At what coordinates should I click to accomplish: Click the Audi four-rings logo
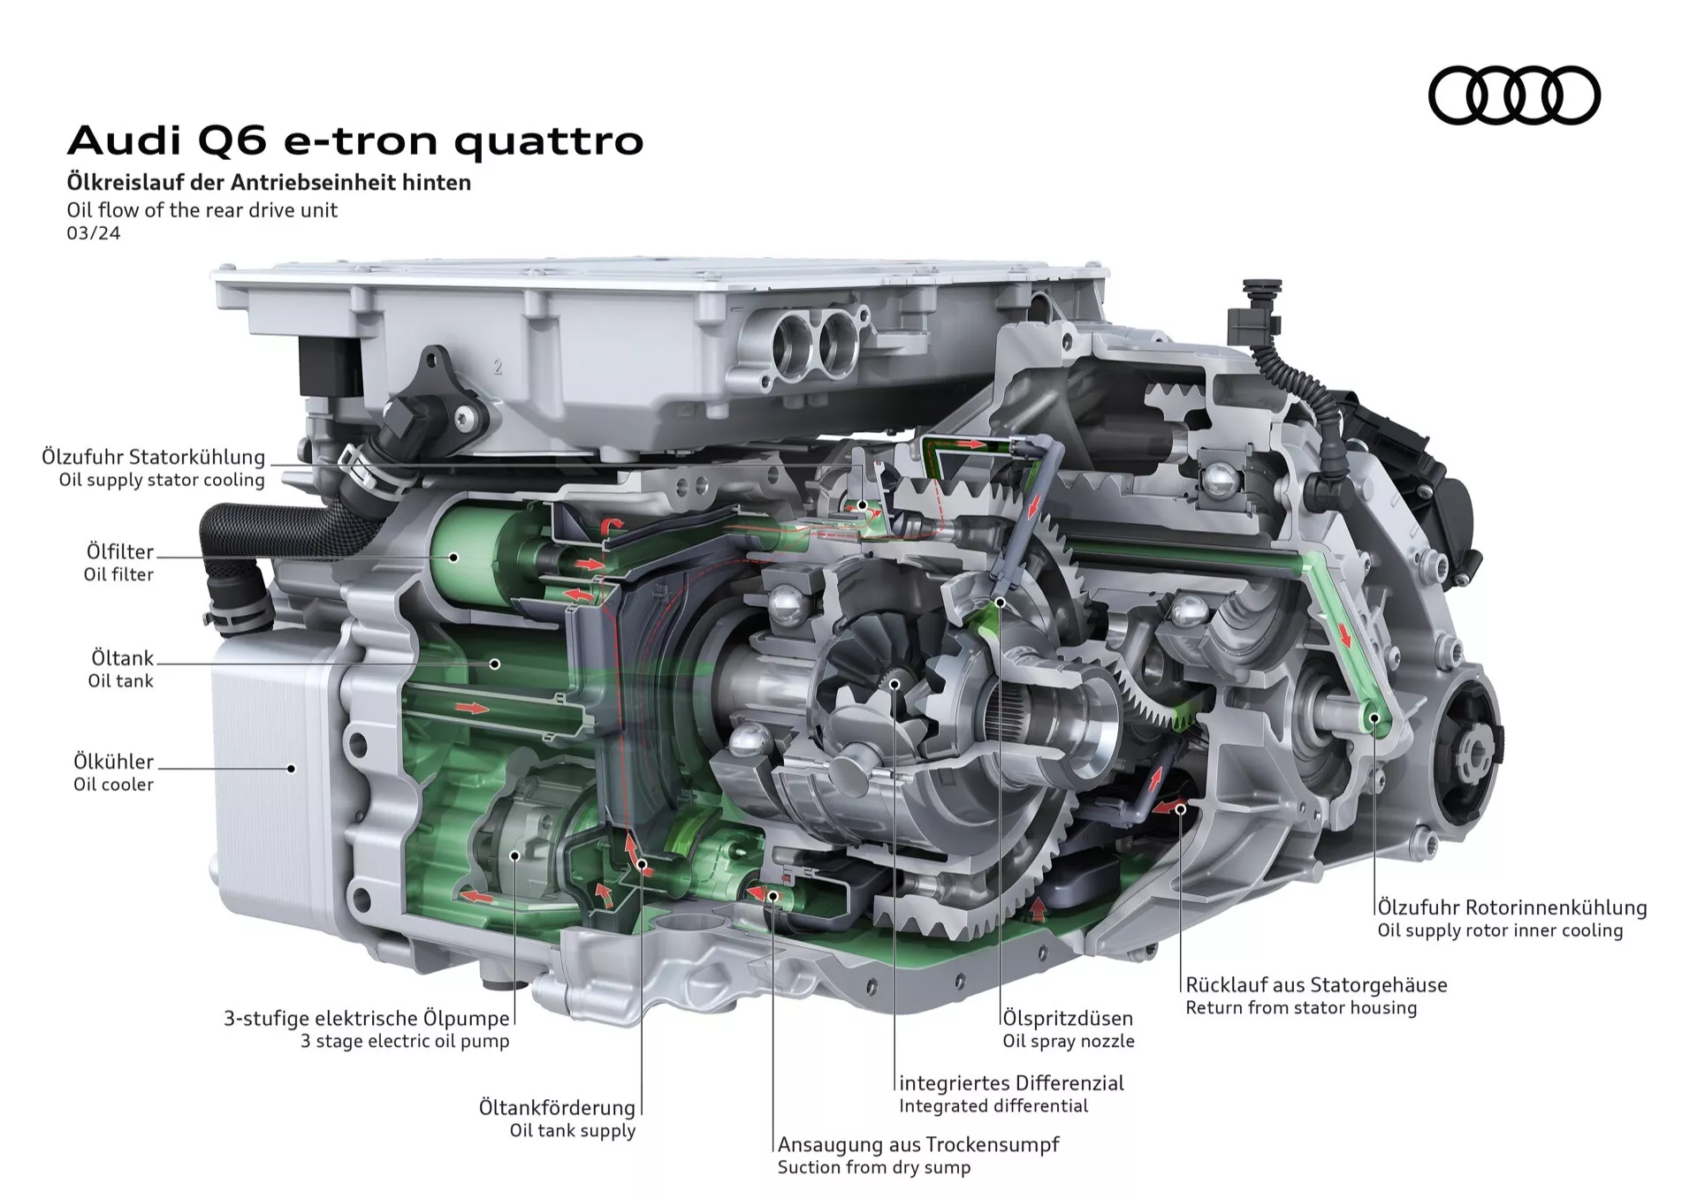pos(1514,95)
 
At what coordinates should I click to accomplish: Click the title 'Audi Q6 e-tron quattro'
pos(355,140)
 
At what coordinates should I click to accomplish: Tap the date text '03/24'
pos(94,233)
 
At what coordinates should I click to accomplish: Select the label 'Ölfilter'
pos(120,551)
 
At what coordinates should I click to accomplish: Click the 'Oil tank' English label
pos(120,681)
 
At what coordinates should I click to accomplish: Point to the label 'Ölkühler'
pos(114,761)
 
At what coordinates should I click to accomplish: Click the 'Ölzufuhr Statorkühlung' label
pos(154,457)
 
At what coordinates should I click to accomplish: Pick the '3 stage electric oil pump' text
pos(405,1041)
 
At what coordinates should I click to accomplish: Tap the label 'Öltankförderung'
pos(558,1107)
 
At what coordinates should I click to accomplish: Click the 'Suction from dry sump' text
pos(874,1167)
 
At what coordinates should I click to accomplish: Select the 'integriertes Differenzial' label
pos(1012,1082)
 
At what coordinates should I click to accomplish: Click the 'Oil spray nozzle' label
pos(1069,1041)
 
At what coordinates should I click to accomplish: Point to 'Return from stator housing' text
pos(1301,1007)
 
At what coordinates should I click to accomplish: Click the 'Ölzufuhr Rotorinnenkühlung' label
pos(1512,907)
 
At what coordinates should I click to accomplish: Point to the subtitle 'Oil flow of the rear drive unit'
pos(202,210)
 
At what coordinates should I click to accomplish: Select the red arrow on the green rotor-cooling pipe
pos(1344,634)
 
